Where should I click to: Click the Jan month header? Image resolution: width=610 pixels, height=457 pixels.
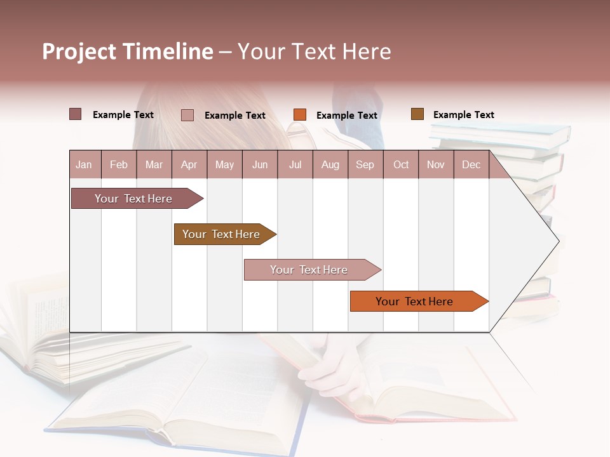(x=84, y=165)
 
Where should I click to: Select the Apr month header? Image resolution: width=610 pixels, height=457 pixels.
(x=189, y=165)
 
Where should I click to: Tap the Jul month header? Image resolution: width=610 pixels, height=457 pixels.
(x=295, y=165)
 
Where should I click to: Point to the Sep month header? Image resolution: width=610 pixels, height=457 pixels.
(x=365, y=165)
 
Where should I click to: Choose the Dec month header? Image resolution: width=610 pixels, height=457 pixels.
(x=471, y=165)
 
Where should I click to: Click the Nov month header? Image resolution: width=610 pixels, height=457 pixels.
(x=435, y=165)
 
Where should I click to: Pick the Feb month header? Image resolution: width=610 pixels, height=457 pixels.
(x=119, y=165)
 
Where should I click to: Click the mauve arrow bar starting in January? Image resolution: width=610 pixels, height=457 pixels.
(x=133, y=199)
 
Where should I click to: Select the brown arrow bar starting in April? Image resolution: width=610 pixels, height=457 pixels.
(x=221, y=234)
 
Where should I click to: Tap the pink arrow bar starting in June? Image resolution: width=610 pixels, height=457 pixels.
(x=309, y=270)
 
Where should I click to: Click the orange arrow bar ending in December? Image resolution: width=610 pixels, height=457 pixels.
(x=414, y=301)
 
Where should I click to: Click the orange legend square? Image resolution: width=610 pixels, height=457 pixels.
(x=300, y=115)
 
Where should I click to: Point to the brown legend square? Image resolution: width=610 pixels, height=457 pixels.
(x=417, y=114)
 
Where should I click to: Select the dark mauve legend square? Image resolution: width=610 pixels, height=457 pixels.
(x=76, y=114)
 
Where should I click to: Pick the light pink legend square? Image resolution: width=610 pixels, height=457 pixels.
(x=187, y=115)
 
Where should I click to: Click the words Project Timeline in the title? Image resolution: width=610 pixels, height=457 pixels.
(x=127, y=51)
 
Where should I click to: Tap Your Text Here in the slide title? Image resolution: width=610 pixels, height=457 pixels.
(x=315, y=51)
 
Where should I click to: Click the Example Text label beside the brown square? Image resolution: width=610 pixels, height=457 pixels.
(x=463, y=115)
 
